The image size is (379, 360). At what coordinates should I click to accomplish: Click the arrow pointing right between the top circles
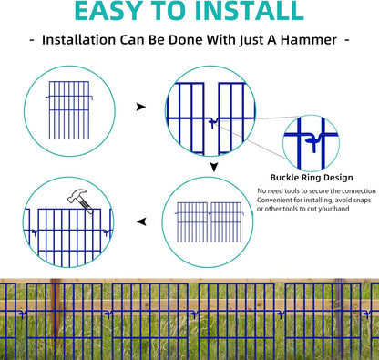(x=139, y=107)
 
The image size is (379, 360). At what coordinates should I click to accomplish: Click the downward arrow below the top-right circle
(x=212, y=166)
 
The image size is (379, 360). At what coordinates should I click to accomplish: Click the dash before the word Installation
(x=34, y=41)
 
